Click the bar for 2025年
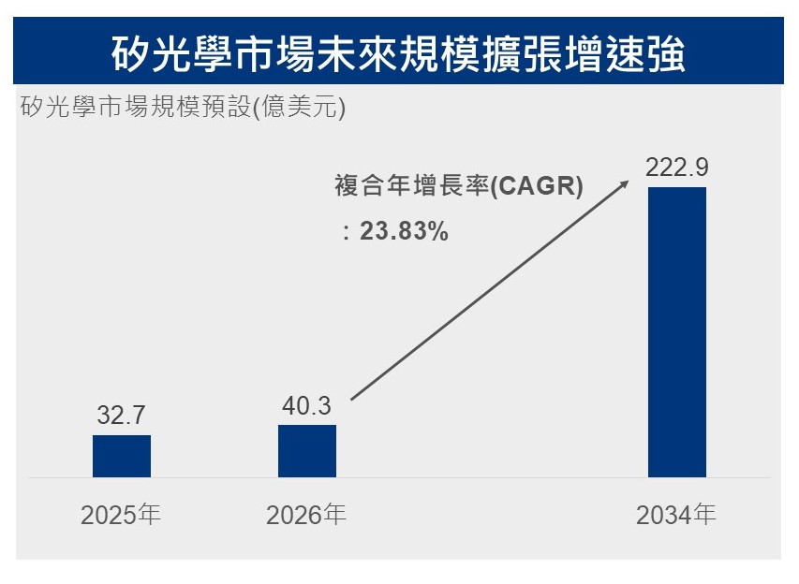pos(122,456)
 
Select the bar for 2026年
pos(307,451)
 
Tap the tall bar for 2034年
pos(677,332)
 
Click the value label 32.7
pos(121,415)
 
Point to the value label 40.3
pos(306,406)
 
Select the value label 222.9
pos(676,168)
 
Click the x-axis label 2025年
pos(121,515)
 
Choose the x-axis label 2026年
pos(306,515)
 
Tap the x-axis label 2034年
pos(676,515)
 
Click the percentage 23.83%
pos(404,230)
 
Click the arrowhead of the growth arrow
pos(625,183)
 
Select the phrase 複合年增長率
pos(412,185)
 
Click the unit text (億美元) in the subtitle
pos(299,107)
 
